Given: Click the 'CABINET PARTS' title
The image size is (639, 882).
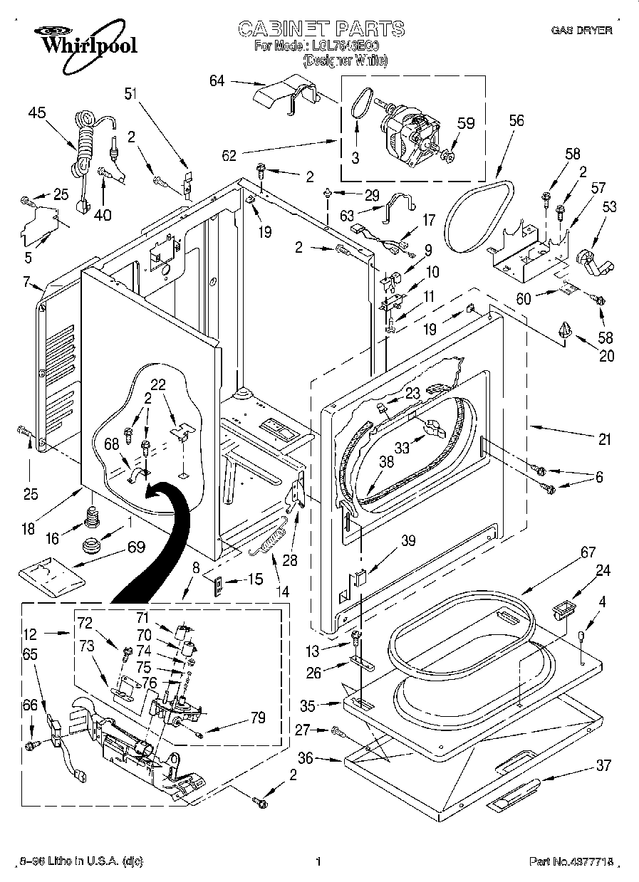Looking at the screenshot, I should pyautogui.click(x=321, y=29).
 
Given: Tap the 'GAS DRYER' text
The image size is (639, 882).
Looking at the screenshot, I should pyautogui.click(x=581, y=31).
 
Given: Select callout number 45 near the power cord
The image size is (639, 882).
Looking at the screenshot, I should pyautogui.click(x=37, y=112).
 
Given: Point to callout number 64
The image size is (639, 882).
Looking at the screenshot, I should pyautogui.click(x=217, y=81).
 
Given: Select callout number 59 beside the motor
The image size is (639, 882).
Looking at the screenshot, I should pyautogui.click(x=465, y=123).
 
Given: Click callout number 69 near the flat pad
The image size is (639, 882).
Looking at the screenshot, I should pyautogui.click(x=135, y=547).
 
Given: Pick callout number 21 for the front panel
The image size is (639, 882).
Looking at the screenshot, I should pyautogui.click(x=604, y=440).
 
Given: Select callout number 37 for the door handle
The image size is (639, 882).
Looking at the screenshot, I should pyautogui.click(x=603, y=765).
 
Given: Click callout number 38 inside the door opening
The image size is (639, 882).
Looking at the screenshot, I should pyautogui.click(x=386, y=461).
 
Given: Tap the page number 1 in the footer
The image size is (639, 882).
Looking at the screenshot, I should pyautogui.click(x=318, y=862).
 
